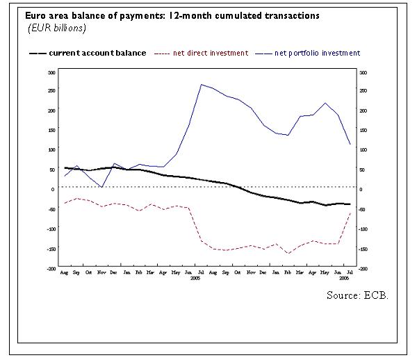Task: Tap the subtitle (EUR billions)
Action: [56, 28]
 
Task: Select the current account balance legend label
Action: [98, 53]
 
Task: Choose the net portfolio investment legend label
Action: [317, 53]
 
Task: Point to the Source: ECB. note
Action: [357, 295]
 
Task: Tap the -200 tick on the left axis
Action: [50, 268]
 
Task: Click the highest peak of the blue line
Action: [201, 85]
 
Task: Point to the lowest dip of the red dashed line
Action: [288, 253]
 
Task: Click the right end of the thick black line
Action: [350, 204]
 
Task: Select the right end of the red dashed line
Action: [350, 213]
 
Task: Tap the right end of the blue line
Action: [350, 145]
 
